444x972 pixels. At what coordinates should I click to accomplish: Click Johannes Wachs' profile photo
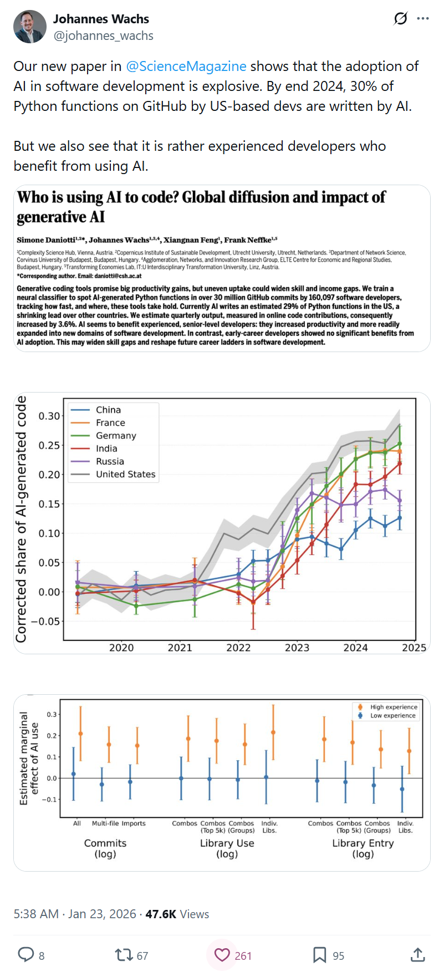click(x=30, y=27)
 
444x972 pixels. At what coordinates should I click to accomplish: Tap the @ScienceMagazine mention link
click(x=186, y=67)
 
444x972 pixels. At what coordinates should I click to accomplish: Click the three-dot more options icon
click(x=423, y=19)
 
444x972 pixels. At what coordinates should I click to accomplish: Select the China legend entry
click(x=108, y=410)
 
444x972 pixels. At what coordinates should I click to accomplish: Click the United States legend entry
click(x=125, y=474)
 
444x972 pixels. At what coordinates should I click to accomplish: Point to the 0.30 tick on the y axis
click(x=49, y=416)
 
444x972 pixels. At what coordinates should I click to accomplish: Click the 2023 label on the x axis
click(x=297, y=648)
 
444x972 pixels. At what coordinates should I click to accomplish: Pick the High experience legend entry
click(x=394, y=707)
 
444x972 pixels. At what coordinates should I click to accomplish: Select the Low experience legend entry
click(x=392, y=715)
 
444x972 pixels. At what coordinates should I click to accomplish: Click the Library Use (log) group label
click(x=227, y=848)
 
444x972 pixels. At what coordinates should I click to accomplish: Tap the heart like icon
click(x=222, y=955)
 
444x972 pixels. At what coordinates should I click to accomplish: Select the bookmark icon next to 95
click(x=319, y=955)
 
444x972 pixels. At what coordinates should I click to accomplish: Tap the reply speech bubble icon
click(x=26, y=954)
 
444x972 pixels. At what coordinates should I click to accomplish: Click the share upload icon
click(x=417, y=955)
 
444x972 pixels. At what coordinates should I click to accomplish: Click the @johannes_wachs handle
click(x=103, y=36)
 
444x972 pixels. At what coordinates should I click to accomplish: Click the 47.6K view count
click(x=161, y=914)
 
